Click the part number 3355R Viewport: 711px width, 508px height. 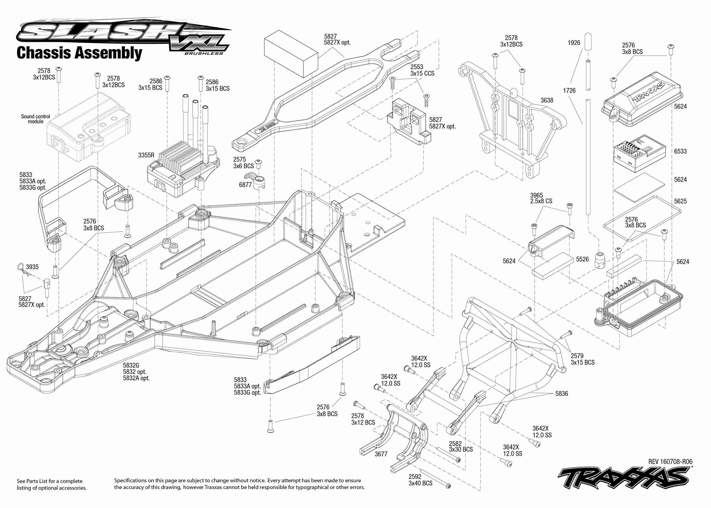146,155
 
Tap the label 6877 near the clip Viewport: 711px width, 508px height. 245,185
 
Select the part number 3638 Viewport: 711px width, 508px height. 547,100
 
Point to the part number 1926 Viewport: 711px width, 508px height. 574,43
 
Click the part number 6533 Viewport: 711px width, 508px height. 680,151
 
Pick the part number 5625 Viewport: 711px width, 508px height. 680,201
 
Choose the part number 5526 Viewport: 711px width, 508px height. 582,259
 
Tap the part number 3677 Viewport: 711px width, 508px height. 381,454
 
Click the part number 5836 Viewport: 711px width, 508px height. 562,394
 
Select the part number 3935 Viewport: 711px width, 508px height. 32,267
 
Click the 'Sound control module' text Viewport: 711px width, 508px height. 35,119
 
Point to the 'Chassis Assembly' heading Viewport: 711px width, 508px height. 79,53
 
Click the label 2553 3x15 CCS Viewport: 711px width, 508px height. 422,70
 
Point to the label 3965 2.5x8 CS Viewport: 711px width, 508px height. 541,198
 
